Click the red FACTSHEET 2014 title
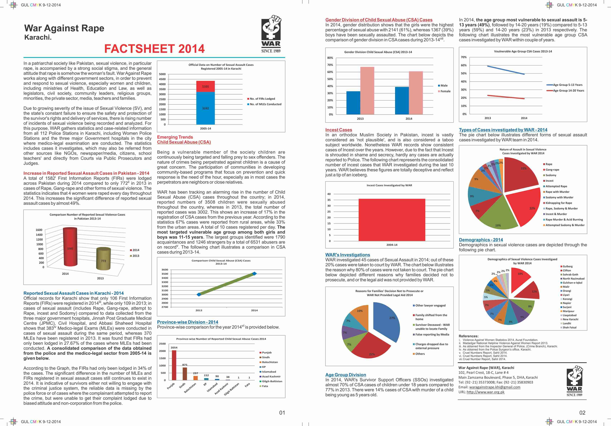pyautogui.click(x=154, y=49)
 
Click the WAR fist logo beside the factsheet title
pyautogui.click(x=271, y=34)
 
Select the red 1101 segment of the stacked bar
pyautogui.click(x=206, y=86)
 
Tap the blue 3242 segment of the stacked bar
pyautogui.click(x=206, y=108)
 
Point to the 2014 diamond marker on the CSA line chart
pyautogui.click(x=254, y=274)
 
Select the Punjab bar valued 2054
pyautogui.click(x=174, y=365)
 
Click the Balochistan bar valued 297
pyautogui.click(x=196, y=378)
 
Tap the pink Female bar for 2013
pyautogui.click(x=367, y=91)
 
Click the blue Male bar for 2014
pyautogui.click(x=402, y=101)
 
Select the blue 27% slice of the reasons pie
pyautogui.click(x=387, y=321)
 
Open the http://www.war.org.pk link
pyautogui.click(x=486, y=392)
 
